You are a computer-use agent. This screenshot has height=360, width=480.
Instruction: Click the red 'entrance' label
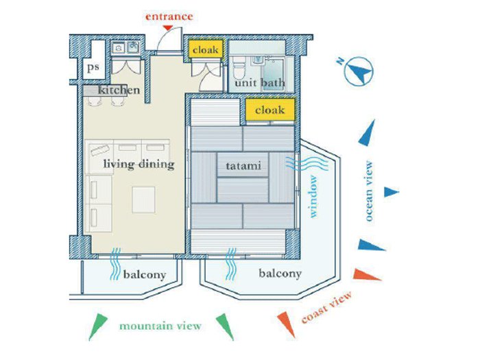click(x=169, y=16)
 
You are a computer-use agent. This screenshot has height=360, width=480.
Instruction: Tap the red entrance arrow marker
click(x=167, y=28)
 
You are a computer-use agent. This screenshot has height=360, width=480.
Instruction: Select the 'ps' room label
click(x=93, y=67)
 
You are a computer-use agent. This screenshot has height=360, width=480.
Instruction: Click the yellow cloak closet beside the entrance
click(x=205, y=49)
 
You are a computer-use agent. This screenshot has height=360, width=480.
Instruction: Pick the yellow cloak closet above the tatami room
click(x=270, y=110)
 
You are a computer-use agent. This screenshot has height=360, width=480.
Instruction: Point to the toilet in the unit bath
click(x=239, y=68)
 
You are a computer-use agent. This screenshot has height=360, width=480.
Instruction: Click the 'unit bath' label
click(x=260, y=83)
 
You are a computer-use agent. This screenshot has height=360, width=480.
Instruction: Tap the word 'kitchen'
click(x=119, y=90)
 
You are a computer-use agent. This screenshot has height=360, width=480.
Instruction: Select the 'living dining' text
click(x=139, y=164)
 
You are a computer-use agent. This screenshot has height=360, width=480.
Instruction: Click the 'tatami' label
click(x=243, y=166)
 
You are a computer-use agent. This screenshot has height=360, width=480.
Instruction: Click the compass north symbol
click(x=358, y=71)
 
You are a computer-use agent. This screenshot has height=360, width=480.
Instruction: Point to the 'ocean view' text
click(x=369, y=191)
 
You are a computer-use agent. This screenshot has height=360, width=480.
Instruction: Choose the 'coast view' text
click(x=326, y=307)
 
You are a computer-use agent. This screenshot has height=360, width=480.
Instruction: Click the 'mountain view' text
click(x=160, y=326)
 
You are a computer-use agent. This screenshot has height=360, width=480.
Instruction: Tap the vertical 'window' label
click(x=313, y=196)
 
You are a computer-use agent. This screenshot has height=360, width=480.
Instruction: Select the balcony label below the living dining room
click(x=145, y=274)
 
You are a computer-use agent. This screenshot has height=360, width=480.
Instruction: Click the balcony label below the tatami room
click(x=280, y=274)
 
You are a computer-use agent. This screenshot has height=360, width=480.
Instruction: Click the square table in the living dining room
click(x=143, y=200)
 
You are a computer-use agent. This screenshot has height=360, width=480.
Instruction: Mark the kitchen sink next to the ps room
click(x=125, y=48)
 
